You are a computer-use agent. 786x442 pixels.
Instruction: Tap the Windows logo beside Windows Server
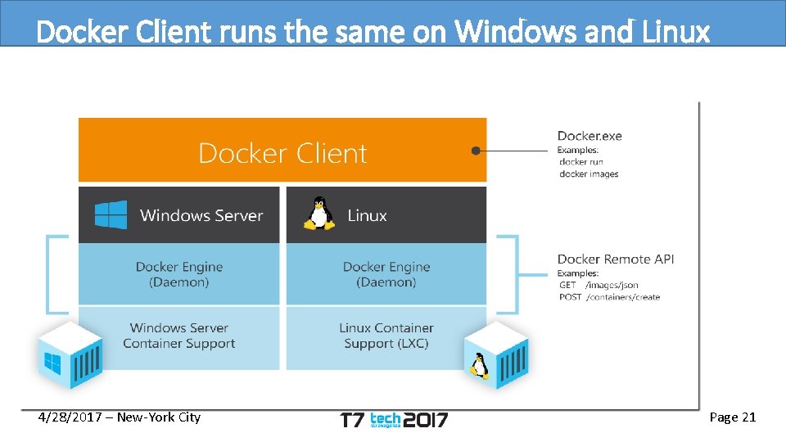[111, 215]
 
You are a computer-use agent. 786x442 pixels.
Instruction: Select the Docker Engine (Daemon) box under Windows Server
[178, 274]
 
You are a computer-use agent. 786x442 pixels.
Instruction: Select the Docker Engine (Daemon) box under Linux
[386, 274]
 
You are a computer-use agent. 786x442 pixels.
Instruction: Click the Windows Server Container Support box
[178, 336]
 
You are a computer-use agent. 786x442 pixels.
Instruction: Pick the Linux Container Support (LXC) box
[386, 336]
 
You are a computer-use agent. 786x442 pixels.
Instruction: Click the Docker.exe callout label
[589, 136]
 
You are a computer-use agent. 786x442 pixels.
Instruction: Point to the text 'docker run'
[580, 162]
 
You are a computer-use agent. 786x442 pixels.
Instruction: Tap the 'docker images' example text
[589, 174]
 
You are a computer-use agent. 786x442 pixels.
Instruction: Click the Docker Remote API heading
[616, 259]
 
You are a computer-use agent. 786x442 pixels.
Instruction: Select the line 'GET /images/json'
[599, 285]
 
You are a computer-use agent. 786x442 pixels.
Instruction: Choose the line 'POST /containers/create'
[609, 297]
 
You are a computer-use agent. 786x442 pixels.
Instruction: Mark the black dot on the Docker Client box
[475, 151]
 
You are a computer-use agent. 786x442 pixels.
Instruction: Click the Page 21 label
[732, 417]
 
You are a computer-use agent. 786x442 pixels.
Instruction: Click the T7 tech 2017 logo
[394, 419]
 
